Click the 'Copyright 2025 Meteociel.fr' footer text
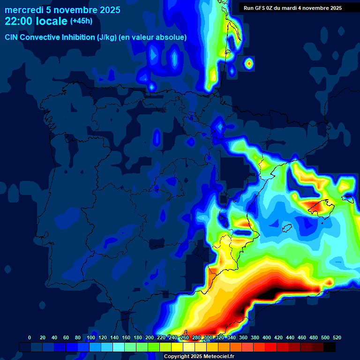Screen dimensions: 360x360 click(199, 356)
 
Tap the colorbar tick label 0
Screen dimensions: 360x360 click(30, 337)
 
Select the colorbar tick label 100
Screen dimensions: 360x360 click(91, 337)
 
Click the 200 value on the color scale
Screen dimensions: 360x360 click(150, 337)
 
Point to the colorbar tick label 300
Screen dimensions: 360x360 click(208, 337)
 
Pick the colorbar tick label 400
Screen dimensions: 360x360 click(267, 337)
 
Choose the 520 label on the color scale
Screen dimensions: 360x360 click(337, 337)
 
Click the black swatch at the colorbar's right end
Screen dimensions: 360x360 click(330, 347)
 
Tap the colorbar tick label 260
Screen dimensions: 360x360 click(185, 337)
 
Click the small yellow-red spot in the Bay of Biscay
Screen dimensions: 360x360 click(249, 62)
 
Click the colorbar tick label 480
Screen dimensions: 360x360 click(314, 337)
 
